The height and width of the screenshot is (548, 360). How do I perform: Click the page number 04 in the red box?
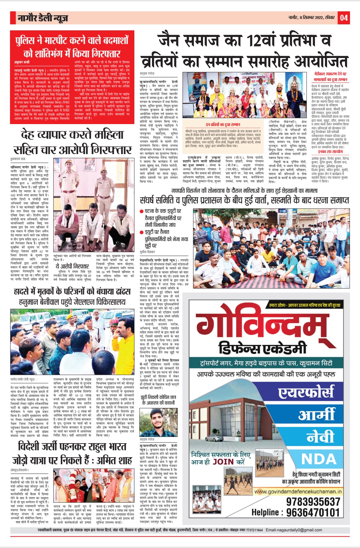pos(344,18)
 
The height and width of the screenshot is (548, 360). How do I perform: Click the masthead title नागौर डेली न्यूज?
pos(43,18)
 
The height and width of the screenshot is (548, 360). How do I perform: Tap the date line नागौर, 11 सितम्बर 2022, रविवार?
pos(312,17)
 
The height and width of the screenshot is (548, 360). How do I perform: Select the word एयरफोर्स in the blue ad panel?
pos(306,392)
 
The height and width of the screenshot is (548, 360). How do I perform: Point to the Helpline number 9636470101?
pos(313,513)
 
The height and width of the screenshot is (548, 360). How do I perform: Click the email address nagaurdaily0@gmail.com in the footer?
pos(294,530)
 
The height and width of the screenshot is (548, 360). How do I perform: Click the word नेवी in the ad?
pos(320,437)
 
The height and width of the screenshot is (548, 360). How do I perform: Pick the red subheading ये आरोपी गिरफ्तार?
pos(72,266)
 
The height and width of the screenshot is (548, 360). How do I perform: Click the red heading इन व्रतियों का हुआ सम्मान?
pos(223,124)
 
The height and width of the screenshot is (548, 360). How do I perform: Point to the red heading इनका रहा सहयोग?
pos(330,151)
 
